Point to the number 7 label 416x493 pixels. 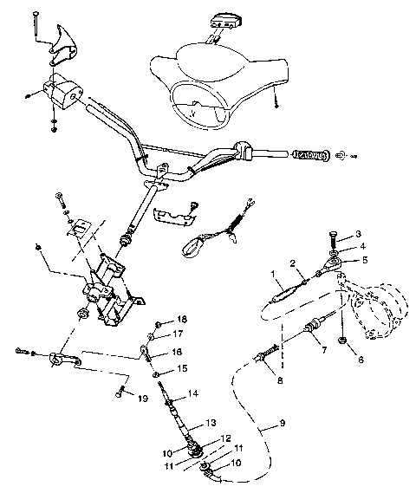coord(322,351)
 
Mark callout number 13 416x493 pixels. coord(210,424)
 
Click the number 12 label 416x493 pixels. coord(225,438)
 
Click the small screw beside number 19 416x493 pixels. coord(115,392)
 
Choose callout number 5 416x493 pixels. coord(363,259)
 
